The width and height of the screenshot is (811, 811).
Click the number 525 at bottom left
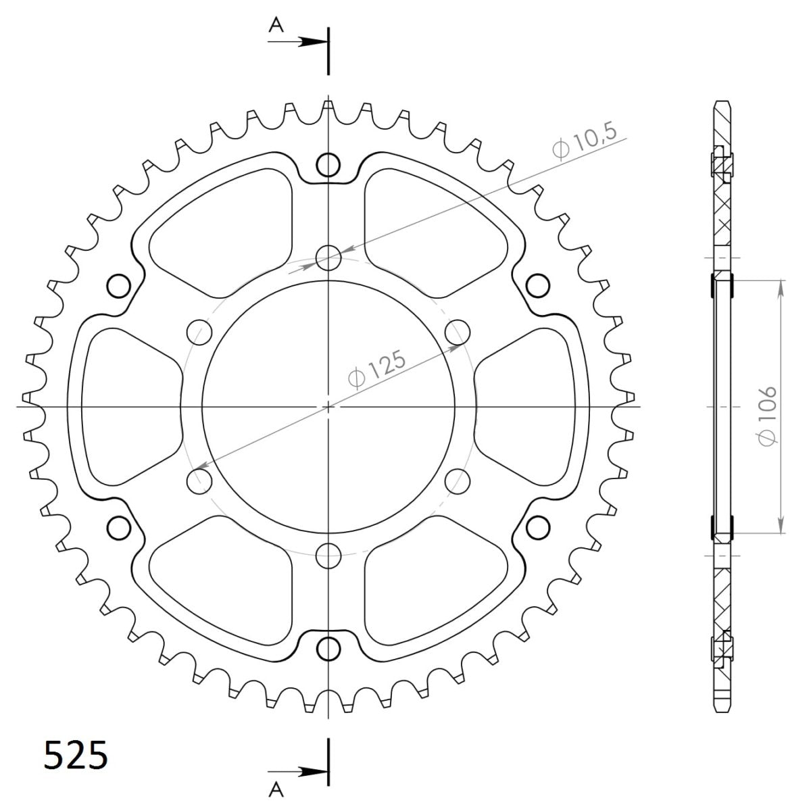click(76, 755)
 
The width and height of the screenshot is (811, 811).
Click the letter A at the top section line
click(275, 26)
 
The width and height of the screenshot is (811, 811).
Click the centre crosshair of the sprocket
click(328, 407)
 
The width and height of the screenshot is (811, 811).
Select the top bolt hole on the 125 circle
click(328, 257)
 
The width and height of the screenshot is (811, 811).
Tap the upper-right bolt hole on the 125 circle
click(458, 332)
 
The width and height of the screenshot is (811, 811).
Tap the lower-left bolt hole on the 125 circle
click(199, 481)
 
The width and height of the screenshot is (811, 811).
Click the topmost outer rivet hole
click(328, 164)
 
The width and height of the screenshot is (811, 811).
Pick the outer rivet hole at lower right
click(538, 526)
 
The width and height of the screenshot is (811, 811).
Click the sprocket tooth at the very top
click(328, 106)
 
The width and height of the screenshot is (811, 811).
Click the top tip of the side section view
click(722, 103)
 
